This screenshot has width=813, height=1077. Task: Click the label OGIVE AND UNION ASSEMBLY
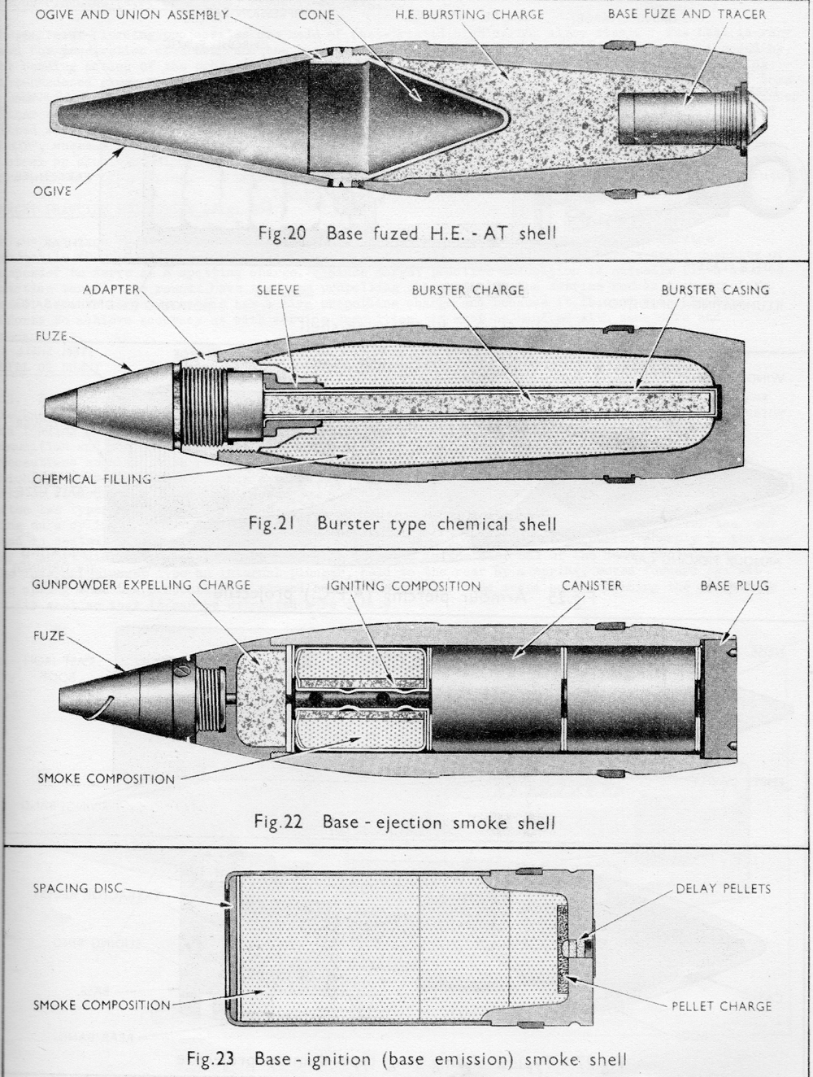click(132, 15)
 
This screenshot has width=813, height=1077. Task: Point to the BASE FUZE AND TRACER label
click(686, 14)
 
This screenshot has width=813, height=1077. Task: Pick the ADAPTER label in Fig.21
click(111, 290)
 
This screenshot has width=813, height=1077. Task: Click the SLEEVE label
click(278, 290)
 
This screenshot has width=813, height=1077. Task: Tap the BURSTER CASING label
click(715, 290)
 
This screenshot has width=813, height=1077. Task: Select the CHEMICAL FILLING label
click(92, 479)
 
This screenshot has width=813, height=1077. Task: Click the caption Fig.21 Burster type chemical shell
click(402, 523)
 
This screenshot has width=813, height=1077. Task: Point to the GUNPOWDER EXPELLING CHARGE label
click(141, 585)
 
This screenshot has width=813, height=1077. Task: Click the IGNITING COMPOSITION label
click(403, 586)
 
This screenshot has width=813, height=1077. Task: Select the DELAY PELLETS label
click(723, 888)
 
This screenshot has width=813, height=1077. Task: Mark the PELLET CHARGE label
click(721, 1006)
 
